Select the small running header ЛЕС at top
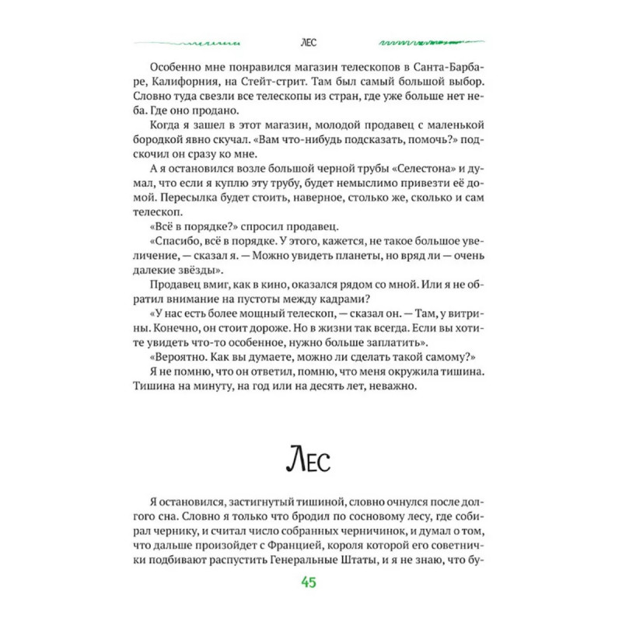coord(310,43)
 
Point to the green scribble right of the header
coord(432,42)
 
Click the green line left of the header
coord(187,43)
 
